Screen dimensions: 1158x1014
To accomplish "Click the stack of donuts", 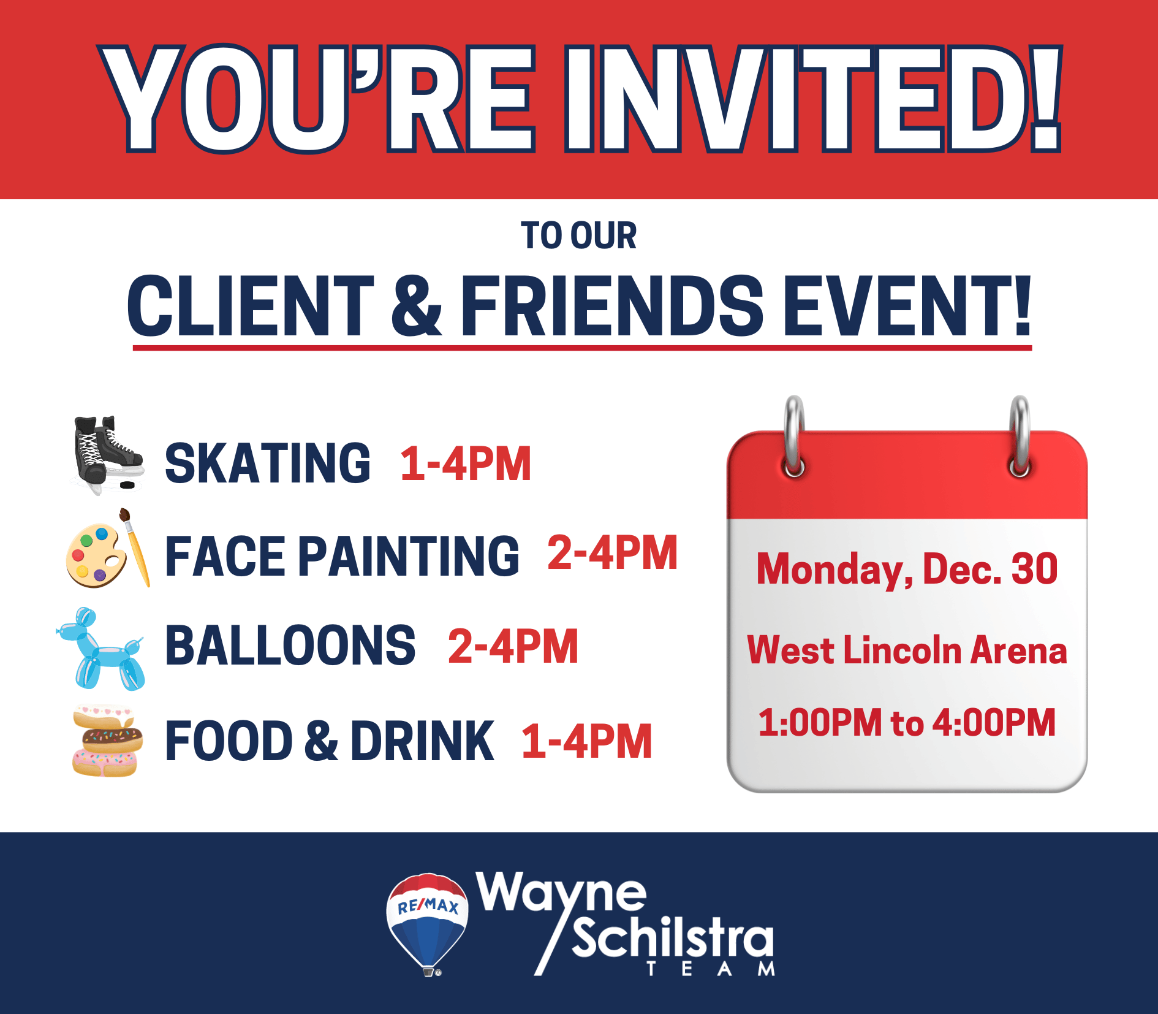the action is (x=107, y=741).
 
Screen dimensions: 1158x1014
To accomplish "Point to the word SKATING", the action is (x=268, y=463).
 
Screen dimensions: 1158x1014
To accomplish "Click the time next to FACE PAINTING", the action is (x=613, y=553).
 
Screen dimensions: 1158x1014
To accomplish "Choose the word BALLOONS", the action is (x=290, y=646).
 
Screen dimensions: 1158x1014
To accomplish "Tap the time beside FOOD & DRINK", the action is (x=586, y=741).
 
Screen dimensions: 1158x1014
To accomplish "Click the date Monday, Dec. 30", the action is (x=907, y=570).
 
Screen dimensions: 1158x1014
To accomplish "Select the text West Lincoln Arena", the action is (x=907, y=650).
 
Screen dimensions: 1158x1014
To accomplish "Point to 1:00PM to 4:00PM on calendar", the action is (x=907, y=722).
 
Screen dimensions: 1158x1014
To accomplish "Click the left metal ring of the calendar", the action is (x=794, y=436).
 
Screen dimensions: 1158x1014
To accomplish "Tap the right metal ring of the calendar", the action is (x=1020, y=436).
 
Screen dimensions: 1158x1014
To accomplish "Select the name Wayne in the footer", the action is (x=561, y=894).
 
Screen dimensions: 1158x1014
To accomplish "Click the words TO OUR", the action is (x=578, y=236).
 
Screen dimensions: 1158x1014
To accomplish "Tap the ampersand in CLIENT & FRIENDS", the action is (x=417, y=306).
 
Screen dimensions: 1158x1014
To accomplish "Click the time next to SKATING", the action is (x=466, y=463).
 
